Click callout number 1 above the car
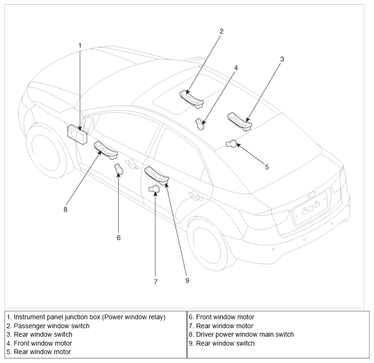point(80,45)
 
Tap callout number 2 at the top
point(222,31)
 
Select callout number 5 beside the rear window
point(267,166)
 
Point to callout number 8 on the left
point(65,210)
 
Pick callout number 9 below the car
point(187,280)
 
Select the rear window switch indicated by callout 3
point(239,121)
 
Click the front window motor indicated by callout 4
point(200,124)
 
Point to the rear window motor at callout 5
point(232,143)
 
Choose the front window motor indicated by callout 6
point(119,169)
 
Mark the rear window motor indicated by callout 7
point(154,189)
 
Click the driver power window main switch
point(106,149)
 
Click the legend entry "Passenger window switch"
point(51,326)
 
